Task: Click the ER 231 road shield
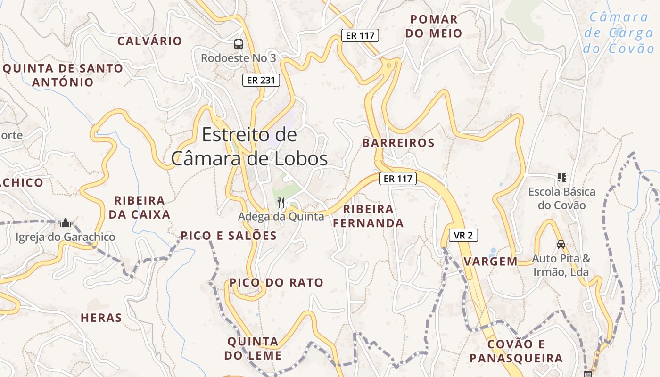(x=261, y=80)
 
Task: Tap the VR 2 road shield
(x=463, y=235)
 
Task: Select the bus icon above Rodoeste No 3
(x=239, y=44)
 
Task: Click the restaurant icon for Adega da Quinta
(x=281, y=203)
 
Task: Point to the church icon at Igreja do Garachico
(x=66, y=222)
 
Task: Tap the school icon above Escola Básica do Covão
(x=561, y=178)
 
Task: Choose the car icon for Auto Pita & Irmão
(x=561, y=245)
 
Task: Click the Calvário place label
(x=149, y=41)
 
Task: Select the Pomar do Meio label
(x=434, y=26)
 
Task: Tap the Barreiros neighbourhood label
(x=398, y=143)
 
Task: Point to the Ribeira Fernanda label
(x=368, y=216)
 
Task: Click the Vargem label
(x=490, y=262)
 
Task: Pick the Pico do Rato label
(x=276, y=283)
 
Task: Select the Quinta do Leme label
(x=253, y=348)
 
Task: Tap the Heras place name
(x=101, y=318)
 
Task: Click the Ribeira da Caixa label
(x=140, y=207)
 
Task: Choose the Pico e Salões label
(x=229, y=236)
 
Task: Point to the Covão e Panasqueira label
(x=516, y=351)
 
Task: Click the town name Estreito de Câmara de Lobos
(x=249, y=147)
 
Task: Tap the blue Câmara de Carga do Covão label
(x=619, y=33)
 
